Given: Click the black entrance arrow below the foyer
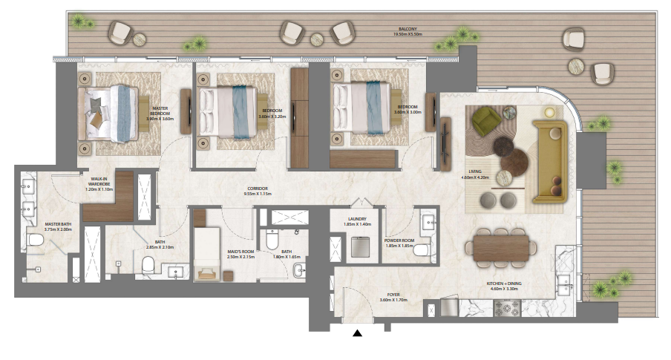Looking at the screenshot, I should (358, 334).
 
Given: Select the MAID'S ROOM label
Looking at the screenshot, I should (240, 254).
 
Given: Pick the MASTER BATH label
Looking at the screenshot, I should (56, 226).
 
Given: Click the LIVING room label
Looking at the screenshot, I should (476, 174).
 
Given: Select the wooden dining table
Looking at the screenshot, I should (503, 246).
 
